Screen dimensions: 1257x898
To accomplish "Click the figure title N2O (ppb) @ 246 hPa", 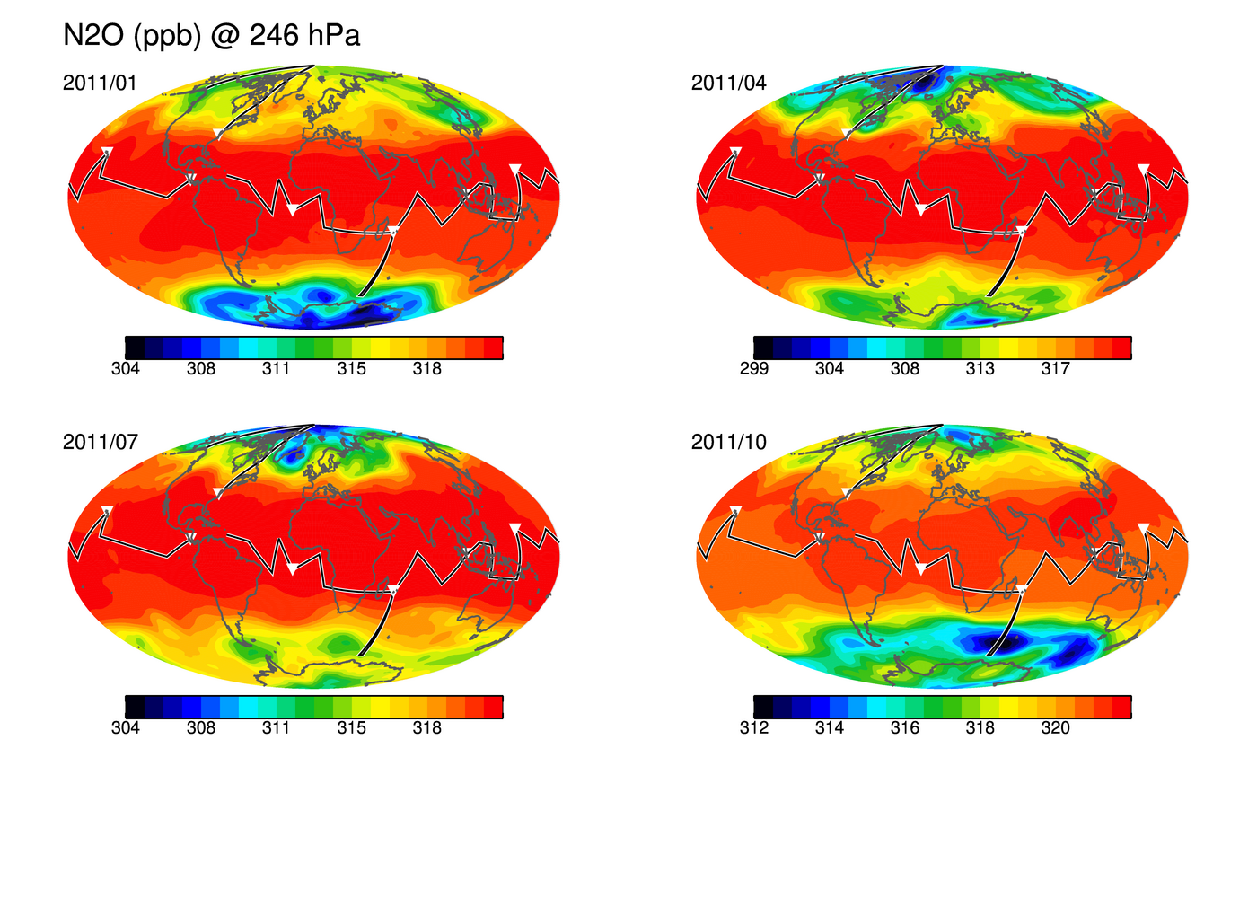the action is [x=212, y=36].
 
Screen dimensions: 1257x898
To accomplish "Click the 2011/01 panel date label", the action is [x=100, y=83].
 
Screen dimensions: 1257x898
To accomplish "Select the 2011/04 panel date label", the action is [x=728, y=83].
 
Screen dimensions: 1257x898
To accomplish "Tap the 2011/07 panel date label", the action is [x=100, y=442].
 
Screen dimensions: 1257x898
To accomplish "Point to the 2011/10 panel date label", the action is [x=728, y=442].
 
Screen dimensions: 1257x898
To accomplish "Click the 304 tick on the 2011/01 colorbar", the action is [x=125, y=369].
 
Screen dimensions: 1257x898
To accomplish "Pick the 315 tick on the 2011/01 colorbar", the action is [x=351, y=369].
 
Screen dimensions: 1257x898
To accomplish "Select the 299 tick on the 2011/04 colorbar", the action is [x=753, y=369].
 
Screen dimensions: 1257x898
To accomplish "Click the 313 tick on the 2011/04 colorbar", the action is [x=980, y=369].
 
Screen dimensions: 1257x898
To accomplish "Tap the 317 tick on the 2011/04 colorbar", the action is [x=1056, y=369].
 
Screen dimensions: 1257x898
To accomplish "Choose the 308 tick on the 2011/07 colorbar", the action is [x=201, y=728].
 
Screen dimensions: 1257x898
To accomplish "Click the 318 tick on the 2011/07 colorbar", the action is [x=427, y=728].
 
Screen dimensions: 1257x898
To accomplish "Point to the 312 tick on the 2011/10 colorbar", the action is [x=753, y=728].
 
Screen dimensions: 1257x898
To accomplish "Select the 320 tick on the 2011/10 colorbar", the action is [x=1056, y=728].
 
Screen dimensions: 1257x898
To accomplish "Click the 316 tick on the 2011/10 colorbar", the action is [x=905, y=728].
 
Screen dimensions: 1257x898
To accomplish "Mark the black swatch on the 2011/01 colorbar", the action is [x=135, y=348].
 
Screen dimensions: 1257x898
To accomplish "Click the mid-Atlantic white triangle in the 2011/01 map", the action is [x=293, y=210].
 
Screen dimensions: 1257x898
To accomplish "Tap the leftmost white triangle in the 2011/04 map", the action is [x=735, y=152].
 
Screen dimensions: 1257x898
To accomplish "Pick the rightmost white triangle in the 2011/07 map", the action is [x=515, y=528].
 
